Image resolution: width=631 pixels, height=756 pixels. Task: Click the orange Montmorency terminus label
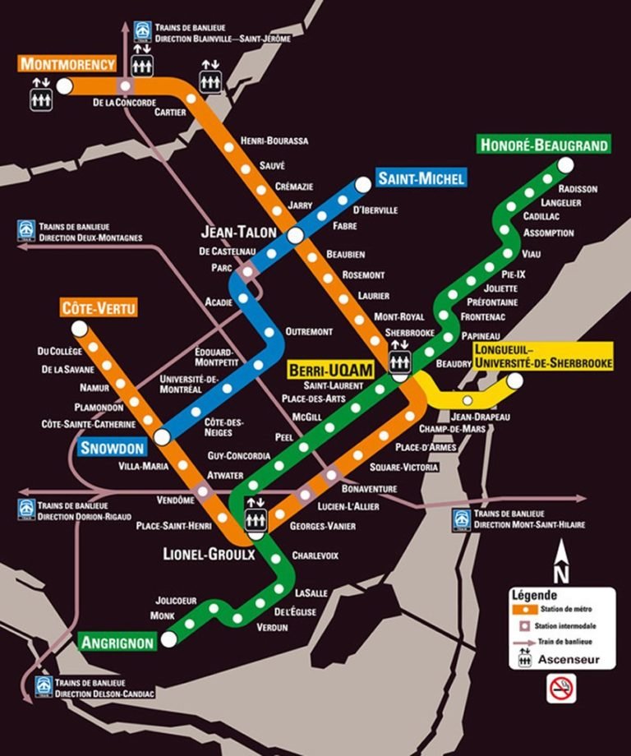click(x=68, y=64)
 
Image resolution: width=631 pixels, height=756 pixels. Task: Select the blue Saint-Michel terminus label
click(x=421, y=177)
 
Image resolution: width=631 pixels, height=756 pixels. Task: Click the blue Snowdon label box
click(x=113, y=448)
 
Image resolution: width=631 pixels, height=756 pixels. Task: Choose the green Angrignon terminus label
click(x=117, y=642)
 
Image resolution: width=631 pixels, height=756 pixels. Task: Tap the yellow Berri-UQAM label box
click(x=329, y=371)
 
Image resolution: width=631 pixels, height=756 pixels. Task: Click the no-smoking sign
click(x=561, y=689)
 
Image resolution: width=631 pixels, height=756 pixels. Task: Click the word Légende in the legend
click(x=534, y=595)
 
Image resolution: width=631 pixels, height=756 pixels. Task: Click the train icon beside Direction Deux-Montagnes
click(x=27, y=231)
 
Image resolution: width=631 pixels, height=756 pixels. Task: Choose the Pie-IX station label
click(x=514, y=274)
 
